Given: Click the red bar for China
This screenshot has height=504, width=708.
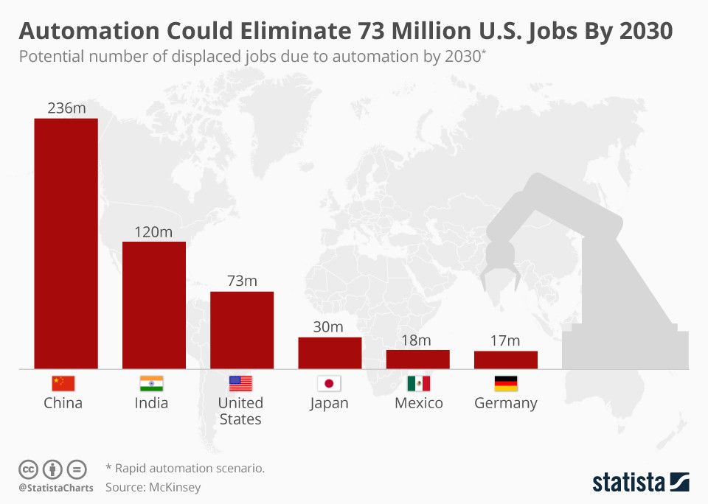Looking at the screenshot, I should pos(66,243).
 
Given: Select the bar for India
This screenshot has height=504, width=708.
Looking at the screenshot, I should pos(154,305).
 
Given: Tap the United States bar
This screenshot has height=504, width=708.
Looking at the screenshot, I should pos(242,330).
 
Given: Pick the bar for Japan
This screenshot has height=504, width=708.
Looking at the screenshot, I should pos(330,353).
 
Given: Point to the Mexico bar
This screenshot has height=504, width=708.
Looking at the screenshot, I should pos(417,359).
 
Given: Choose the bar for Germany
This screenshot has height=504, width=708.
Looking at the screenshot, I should pos(505,360).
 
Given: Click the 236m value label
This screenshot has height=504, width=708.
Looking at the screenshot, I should pos(66,108).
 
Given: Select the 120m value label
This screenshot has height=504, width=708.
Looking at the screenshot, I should pos(153,231).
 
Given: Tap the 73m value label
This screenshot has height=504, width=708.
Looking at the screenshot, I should pos(242,281).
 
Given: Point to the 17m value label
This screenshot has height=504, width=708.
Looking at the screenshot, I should pos(505,340).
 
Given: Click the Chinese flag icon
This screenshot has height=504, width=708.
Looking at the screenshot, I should pos(63,383).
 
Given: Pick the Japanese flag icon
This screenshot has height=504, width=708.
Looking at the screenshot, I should pos(329,383).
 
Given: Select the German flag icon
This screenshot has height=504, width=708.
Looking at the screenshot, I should pos(505,383).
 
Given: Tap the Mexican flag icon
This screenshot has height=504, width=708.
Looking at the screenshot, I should pos(418,383).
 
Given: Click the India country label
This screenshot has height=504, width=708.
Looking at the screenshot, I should pos(151,403).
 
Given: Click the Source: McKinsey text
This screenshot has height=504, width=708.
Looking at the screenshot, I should pos(153,487).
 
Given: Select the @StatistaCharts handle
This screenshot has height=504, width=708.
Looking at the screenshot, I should pos(56,488).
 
